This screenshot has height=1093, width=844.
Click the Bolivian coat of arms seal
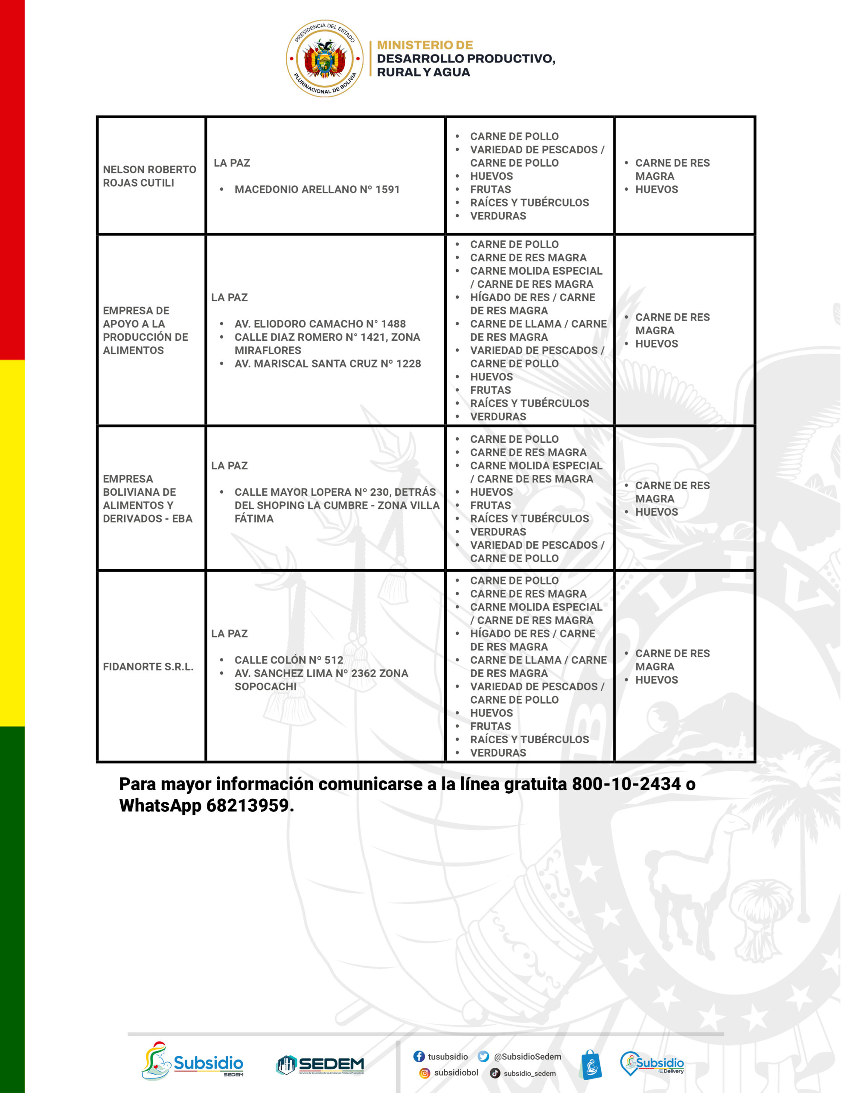[325, 58]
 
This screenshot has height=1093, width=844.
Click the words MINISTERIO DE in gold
[425, 45]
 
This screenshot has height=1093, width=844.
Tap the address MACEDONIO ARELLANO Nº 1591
[317, 189]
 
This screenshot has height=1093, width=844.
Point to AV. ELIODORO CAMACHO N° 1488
[320, 324]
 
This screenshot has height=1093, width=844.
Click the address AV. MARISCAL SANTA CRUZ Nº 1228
[327, 363]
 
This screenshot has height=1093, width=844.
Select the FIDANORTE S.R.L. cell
[148, 666]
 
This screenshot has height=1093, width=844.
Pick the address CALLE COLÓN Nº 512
[289, 660]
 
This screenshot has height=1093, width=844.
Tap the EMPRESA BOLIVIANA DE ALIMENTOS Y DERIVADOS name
[148, 498]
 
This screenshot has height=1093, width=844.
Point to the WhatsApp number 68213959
[247, 805]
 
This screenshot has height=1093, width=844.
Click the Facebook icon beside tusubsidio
[419, 1056]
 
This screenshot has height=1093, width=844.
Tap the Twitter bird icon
[483, 1056]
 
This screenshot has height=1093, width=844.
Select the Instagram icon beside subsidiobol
[424, 1073]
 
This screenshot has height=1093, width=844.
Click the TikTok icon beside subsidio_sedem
[495, 1073]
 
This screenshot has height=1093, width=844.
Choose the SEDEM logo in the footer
[320, 1065]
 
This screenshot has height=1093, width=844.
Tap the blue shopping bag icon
[591, 1064]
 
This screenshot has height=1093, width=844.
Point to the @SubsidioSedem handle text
[527, 1056]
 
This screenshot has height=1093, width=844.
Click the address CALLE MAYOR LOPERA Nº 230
[335, 492]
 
